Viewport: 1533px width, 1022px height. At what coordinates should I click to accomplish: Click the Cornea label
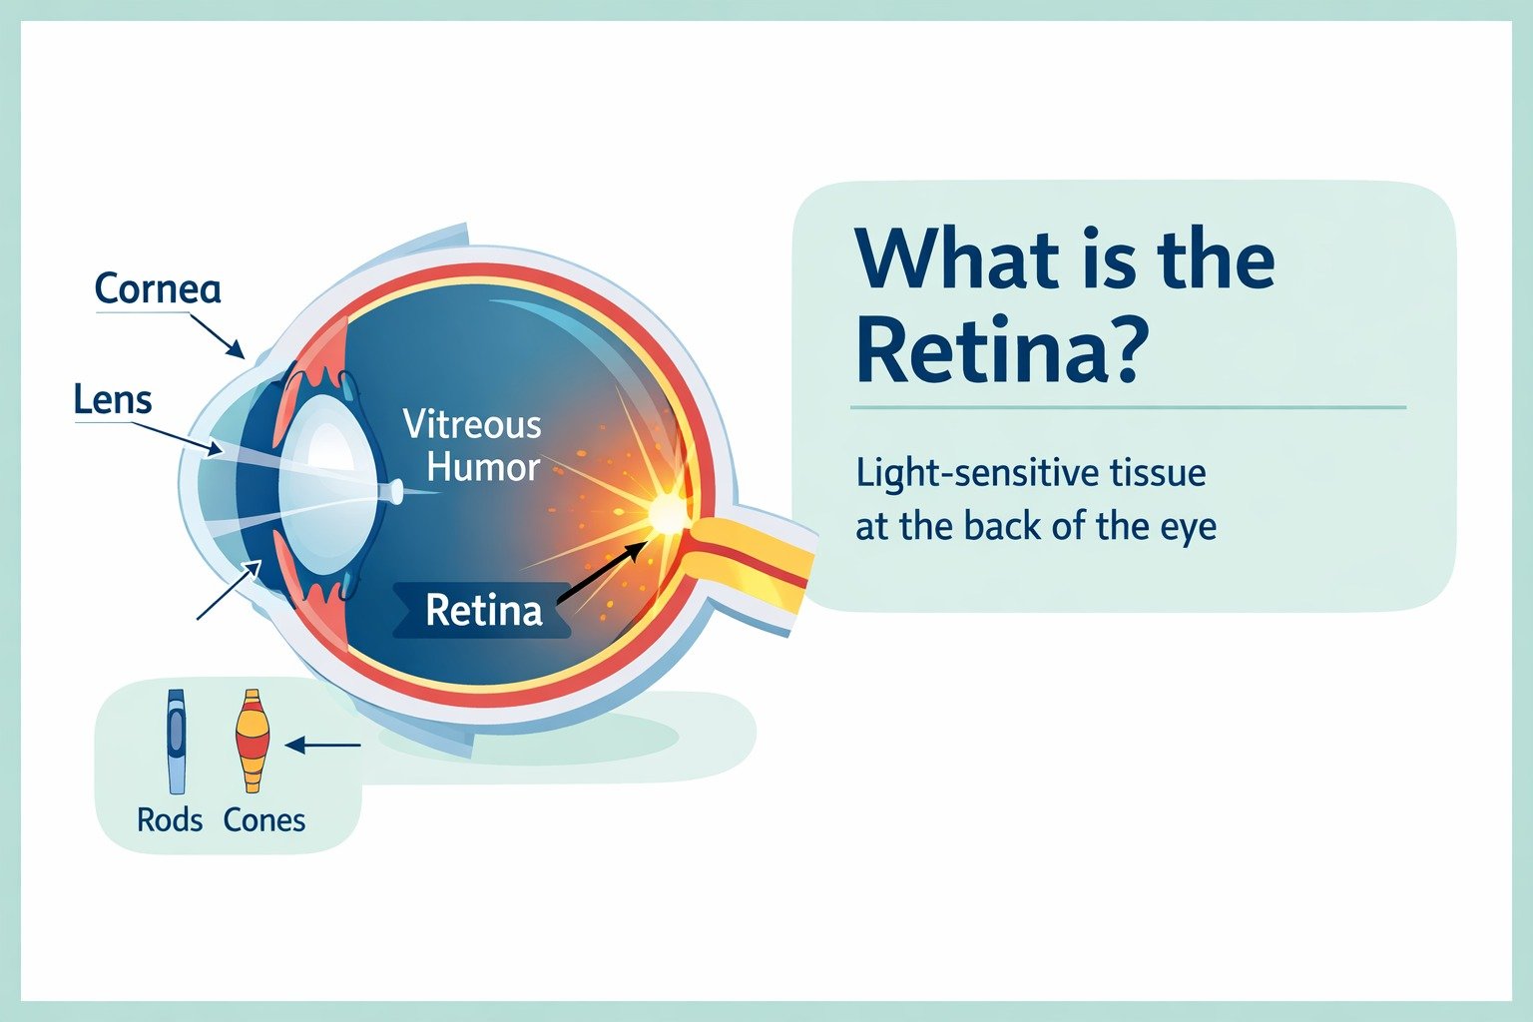[x=158, y=288]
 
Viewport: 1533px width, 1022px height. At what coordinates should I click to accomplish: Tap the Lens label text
[x=113, y=400]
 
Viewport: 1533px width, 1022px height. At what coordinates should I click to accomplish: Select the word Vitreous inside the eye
[x=472, y=425]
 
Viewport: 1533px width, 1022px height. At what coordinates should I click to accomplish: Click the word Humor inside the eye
[x=484, y=467]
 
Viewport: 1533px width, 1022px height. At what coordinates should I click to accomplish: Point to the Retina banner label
[x=483, y=610]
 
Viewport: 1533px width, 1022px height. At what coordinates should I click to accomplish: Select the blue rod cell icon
[x=177, y=741]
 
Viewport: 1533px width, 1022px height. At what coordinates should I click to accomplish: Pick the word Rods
[x=170, y=820]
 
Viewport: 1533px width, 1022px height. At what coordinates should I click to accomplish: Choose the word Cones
[x=264, y=820]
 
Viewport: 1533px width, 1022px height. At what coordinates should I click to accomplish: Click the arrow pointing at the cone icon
[x=322, y=745]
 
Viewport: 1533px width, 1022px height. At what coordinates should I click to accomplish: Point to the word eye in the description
[x=1189, y=526]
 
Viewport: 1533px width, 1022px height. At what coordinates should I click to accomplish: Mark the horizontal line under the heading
[x=1128, y=407]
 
